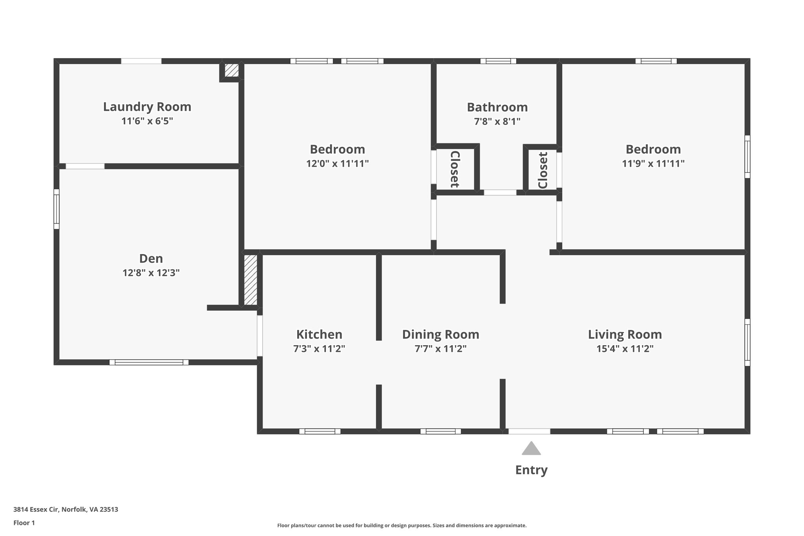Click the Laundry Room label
(x=147, y=107)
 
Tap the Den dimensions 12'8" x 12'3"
(x=151, y=273)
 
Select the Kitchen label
(x=319, y=335)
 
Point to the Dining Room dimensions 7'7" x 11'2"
(x=440, y=349)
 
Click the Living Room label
(x=625, y=335)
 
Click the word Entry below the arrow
(x=531, y=470)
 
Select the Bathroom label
(x=497, y=107)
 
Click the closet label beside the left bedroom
(x=455, y=169)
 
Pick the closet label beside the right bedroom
(x=543, y=170)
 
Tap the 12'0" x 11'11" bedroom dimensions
(x=337, y=164)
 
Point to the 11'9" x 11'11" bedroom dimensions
(x=653, y=164)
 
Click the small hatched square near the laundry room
(x=232, y=70)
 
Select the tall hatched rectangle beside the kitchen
(x=250, y=280)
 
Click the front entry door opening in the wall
(x=529, y=431)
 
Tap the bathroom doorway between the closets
(x=500, y=192)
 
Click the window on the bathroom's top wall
(x=498, y=61)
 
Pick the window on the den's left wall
(x=57, y=209)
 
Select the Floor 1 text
(x=24, y=523)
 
